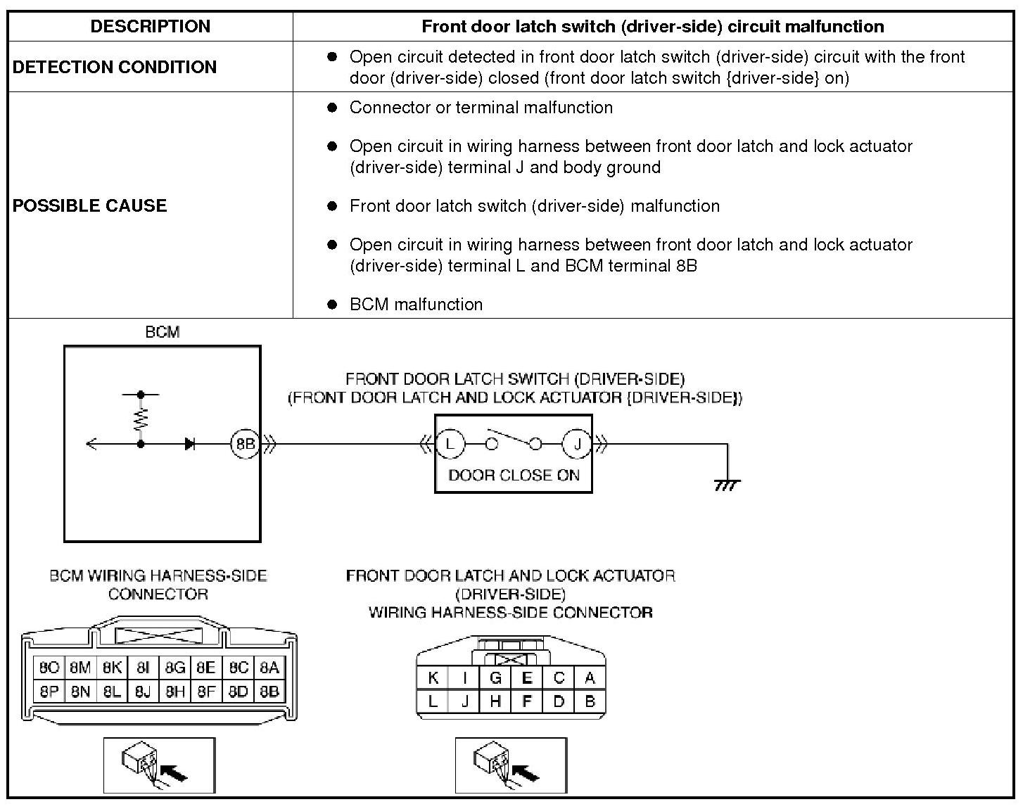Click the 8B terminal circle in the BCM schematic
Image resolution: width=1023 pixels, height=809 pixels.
pyautogui.click(x=245, y=445)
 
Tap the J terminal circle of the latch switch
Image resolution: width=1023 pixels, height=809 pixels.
pyautogui.click(x=577, y=444)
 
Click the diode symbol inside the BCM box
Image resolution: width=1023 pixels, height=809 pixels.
pyautogui.click(x=190, y=444)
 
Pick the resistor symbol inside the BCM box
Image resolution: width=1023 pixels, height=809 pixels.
pyautogui.click(x=141, y=419)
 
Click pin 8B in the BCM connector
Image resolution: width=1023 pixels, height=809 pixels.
pyautogui.click(x=269, y=692)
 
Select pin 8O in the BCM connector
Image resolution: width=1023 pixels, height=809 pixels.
pyautogui.click(x=49, y=667)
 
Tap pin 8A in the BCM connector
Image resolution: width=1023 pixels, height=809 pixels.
pyautogui.click(x=269, y=667)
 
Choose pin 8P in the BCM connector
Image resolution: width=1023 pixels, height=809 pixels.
pyautogui.click(x=49, y=692)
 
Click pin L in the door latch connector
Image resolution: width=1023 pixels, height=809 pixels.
pyautogui.click(x=433, y=701)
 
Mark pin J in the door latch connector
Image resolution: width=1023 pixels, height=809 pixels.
pyautogui.click(x=464, y=701)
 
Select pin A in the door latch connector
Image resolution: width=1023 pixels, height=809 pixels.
pyautogui.click(x=590, y=678)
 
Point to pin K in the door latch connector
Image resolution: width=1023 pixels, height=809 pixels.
pyautogui.click(x=433, y=678)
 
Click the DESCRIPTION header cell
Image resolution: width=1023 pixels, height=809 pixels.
pyautogui.click(x=150, y=27)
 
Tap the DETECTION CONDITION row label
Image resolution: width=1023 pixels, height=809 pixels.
pyautogui.click(x=115, y=67)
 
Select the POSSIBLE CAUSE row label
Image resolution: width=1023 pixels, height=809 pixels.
pyautogui.click(x=90, y=205)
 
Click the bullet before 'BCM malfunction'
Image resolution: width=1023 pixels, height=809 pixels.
pyautogui.click(x=333, y=305)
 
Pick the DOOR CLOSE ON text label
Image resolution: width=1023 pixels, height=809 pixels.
pyautogui.click(x=514, y=476)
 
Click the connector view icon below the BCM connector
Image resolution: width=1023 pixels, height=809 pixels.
pyautogui.click(x=160, y=765)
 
